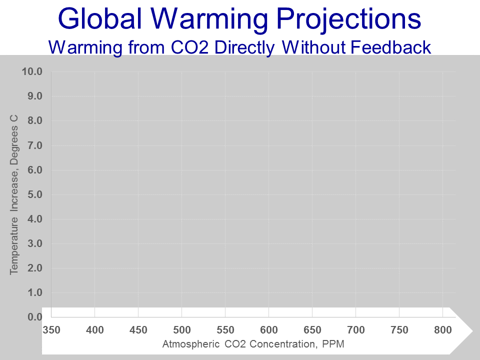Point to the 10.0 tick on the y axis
click(32, 71)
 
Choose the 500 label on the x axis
click(181, 330)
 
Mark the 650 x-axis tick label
click(312, 330)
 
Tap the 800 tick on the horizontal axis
click(442, 330)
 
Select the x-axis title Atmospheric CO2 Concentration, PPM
click(253, 344)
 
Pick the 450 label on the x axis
click(138, 330)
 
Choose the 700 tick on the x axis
click(355, 330)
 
